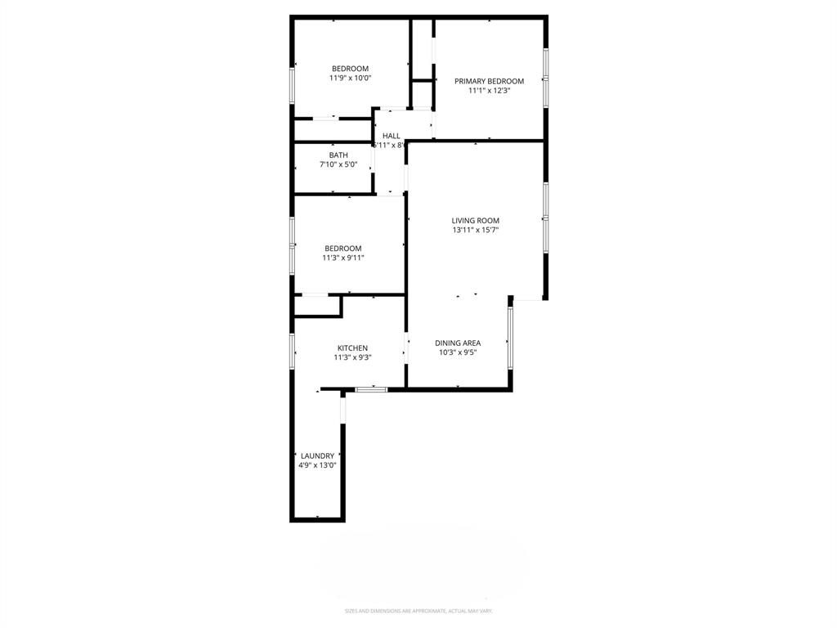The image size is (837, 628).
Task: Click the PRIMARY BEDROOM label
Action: pos(489,81)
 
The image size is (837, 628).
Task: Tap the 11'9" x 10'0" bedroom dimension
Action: pos(350,78)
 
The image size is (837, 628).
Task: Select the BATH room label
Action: pos(338,155)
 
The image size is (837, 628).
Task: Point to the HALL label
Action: pos(392,136)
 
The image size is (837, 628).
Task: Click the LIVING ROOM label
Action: pos(475,221)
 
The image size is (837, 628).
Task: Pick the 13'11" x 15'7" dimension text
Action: pos(475,231)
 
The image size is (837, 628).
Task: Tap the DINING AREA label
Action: pos(458,343)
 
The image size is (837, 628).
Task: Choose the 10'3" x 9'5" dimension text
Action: pos(458,352)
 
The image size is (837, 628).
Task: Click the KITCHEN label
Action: pos(352,348)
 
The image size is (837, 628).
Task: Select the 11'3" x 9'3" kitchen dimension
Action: pos(352,357)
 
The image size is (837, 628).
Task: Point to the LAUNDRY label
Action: pos(317,455)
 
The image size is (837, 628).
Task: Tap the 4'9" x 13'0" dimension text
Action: pos(317,465)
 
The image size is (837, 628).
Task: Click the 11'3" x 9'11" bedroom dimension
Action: pos(342,258)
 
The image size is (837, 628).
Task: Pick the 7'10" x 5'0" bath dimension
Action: pos(338,164)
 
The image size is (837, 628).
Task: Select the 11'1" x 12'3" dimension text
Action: pos(489,91)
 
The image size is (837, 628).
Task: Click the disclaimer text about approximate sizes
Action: pos(418,611)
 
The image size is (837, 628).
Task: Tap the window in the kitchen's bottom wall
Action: pos(372,389)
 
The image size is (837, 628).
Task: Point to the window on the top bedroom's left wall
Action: pos(293,85)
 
